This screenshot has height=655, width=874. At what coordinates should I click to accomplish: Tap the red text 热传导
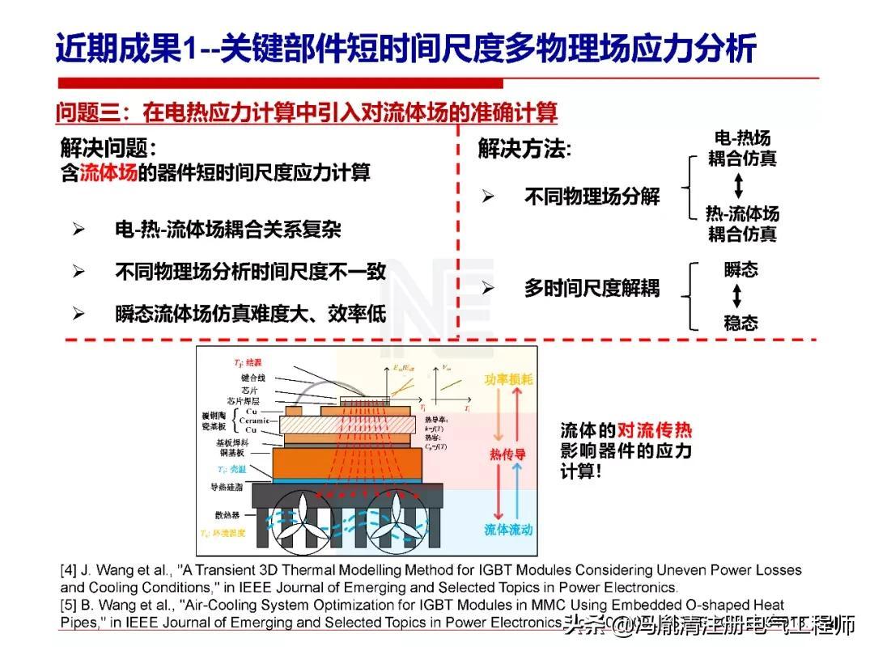click(x=507, y=454)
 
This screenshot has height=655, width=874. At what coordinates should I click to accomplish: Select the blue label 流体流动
click(x=508, y=530)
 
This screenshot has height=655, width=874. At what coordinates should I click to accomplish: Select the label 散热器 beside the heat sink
click(x=230, y=513)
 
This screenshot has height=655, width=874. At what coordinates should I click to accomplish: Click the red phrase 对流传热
click(x=655, y=430)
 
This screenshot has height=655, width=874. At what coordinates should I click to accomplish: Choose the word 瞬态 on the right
click(x=740, y=270)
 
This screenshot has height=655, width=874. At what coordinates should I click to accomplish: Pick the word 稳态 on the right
click(x=740, y=323)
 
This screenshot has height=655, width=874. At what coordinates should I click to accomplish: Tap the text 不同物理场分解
click(x=592, y=196)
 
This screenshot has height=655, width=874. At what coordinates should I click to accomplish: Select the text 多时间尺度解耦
click(x=592, y=288)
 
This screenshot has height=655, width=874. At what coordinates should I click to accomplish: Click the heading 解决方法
click(x=524, y=149)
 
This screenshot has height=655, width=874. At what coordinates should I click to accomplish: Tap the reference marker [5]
click(x=70, y=606)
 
